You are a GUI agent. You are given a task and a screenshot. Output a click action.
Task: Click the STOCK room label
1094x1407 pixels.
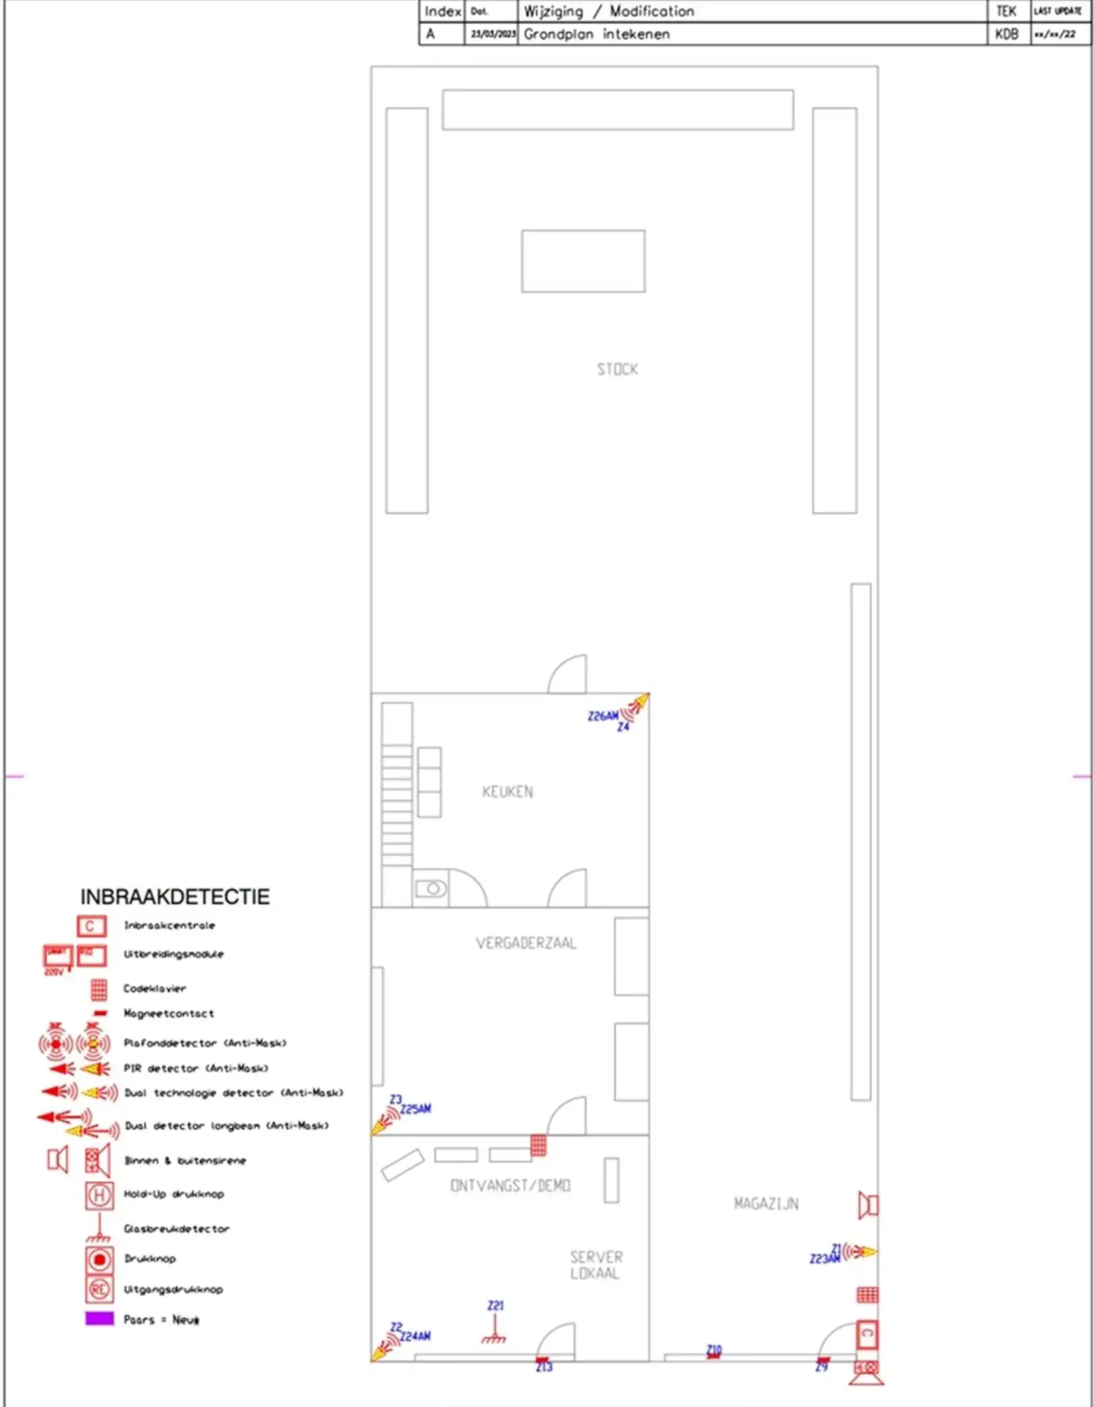pyautogui.click(x=617, y=369)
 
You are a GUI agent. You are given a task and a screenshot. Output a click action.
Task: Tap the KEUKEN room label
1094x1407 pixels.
pyautogui.click(x=508, y=791)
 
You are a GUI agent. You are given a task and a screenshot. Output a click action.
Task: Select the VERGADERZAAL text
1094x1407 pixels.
pyautogui.click(x=526, y=943)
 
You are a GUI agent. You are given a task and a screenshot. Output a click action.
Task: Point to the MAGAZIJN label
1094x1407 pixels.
pyautogui.click(x=766, y=1203)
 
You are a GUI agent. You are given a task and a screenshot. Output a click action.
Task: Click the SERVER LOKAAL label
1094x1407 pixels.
pyautogui.click(x=596, y=1265)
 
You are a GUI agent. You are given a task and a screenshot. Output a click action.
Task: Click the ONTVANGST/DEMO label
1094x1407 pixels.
pyautogui.click(x=511, y=1186)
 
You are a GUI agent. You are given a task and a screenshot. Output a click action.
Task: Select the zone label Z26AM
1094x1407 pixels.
pyautogui.click(x=602, y=716)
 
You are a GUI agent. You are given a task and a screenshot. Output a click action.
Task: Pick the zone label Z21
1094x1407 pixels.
pyautogui.click(x=496, y=1306)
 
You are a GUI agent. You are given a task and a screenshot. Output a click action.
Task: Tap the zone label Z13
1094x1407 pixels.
pyautogui.click(x=544, y=1367)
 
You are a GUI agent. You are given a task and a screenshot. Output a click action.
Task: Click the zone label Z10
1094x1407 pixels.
pyautogui.click(x=714, y=1349)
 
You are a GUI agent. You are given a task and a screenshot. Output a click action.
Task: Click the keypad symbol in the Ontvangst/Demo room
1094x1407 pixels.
pyautogui.click(x=538, y=1146)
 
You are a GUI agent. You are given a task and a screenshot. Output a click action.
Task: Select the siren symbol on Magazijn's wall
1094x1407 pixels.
pyautogui.click(x=868, y=1205)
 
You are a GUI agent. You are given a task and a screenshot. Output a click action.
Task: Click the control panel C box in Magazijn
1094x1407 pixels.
pyautogui.click(x=867, y=1333)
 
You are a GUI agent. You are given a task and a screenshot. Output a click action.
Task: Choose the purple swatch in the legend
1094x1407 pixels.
pyautogui.click(x=99, y=1319)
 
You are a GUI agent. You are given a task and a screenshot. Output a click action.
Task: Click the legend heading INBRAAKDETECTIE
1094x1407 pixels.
pyautogui.click(x=175, y=897)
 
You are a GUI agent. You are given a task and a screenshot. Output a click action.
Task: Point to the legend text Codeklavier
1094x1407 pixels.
pyautogui.click(x=155, y=988)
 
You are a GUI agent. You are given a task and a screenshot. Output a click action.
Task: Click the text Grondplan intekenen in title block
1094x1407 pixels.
pyautogui.click(x=597, y=34)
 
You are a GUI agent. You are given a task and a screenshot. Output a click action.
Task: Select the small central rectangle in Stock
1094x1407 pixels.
pyautogui.click(x=583, y=261)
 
